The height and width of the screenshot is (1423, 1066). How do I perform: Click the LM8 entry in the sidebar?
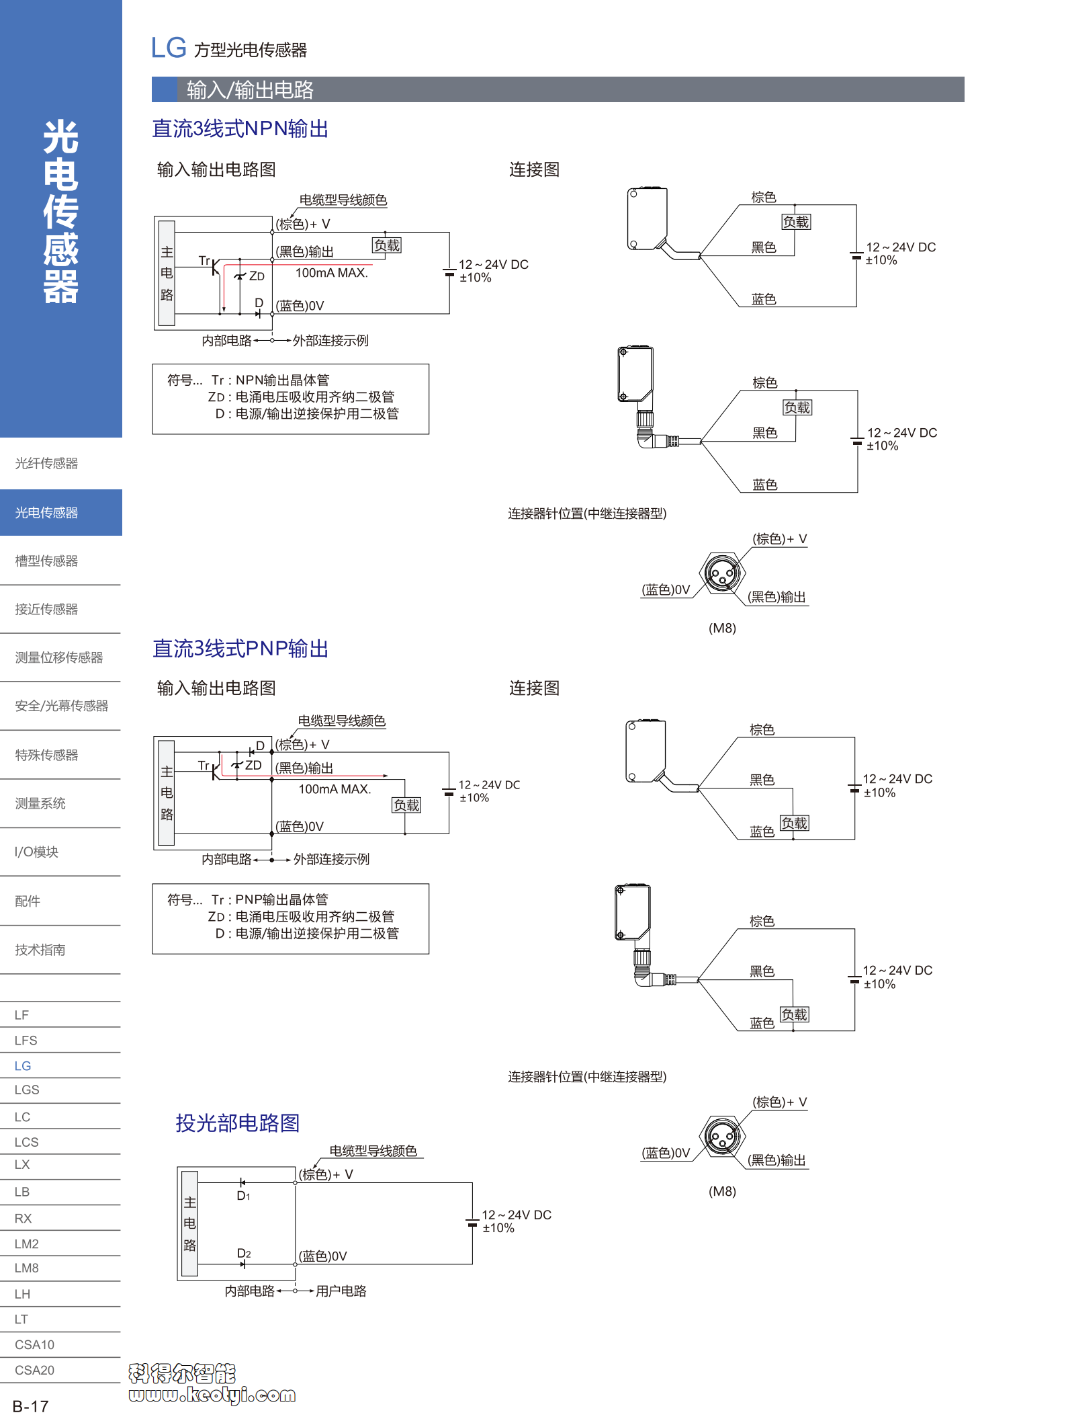click(27, 1268)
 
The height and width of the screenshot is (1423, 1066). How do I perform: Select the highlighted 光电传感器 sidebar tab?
click(47, 513)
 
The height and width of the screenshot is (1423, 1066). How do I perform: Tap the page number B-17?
click(31, 1406)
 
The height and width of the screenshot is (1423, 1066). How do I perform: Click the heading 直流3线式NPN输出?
click(240, 129)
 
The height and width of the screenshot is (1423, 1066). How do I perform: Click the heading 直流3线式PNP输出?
click(240, 649)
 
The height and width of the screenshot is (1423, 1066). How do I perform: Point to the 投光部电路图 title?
click(237, 1123)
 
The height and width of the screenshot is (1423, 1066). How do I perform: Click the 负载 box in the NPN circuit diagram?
click(387, 246)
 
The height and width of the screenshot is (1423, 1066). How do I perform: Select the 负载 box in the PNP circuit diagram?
click(406, 805)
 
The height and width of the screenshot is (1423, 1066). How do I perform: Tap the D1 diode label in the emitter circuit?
click(243, 1196)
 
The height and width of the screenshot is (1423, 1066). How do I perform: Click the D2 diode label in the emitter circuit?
click(243, 1254)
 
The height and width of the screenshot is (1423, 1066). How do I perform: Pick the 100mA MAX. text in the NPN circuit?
click(332, 273)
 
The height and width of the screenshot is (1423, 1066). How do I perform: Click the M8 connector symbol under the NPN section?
click(722, 573)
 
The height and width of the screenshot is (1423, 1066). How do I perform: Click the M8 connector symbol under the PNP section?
click(722, 1137)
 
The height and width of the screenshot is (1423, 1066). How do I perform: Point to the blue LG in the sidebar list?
click(23, 1066)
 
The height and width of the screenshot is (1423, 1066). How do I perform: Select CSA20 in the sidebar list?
click(34, 1370)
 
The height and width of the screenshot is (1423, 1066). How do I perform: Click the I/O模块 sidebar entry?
click(37, 852)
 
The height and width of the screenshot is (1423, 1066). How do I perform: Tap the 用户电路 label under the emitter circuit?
click(341, 1291)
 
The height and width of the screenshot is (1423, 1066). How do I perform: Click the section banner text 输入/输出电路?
click(250, 90)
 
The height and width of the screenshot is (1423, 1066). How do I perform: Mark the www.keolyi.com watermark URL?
click(212, 1395)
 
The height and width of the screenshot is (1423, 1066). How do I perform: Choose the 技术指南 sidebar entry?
click(40, 950)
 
